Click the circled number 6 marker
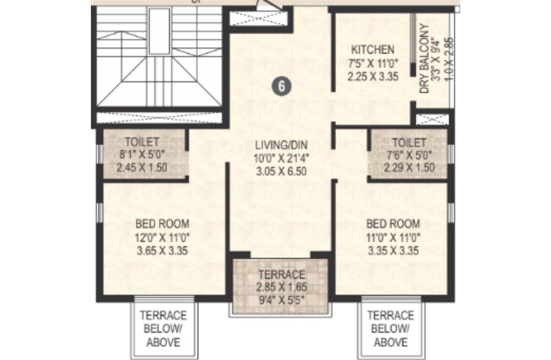(x=282, y=86)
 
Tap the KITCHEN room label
(x=373, y=50)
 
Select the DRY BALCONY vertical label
(x=424, y=59)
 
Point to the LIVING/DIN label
(x=281, y=145)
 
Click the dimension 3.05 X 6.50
(x=281, y=171)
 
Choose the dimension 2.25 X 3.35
(x=373, y=76)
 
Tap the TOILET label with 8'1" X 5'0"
(x=142, y=142)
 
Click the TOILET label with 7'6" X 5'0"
(x=409, y=142)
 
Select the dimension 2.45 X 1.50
(x=142, y=168)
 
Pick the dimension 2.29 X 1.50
(x=409, y=168)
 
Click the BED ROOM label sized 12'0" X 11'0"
(x=162, y=223)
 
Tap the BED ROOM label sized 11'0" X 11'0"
(x=393, y=223)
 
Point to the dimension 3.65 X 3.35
(x=162, y=251)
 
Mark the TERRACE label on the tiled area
(x=282, y=274)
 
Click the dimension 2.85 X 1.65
(x=282, y=287)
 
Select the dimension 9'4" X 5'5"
(x=282, y=300)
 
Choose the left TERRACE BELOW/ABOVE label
(x=163, y=328)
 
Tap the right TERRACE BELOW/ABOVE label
(x=390, y=328)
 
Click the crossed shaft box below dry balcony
(x=432, y=119)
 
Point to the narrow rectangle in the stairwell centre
(x=159, y=31)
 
